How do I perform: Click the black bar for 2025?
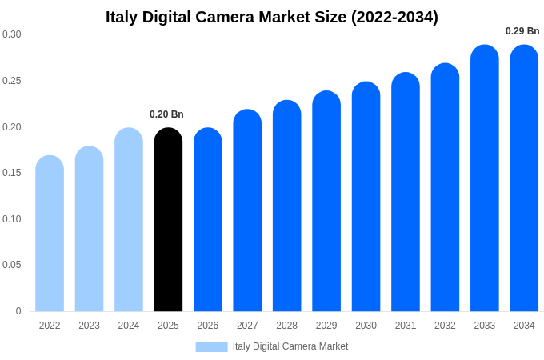(168, 220)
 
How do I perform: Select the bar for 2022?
(50, 234)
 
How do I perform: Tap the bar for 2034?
(524, 178)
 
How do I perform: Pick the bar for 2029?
(326, 202)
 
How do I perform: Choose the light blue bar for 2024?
(129, 220)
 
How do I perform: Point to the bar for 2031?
(406, 192)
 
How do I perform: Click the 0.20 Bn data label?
(166, 114)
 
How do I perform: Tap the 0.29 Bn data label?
(522, 31)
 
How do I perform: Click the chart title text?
(272, 17)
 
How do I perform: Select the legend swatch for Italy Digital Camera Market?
(211, 347)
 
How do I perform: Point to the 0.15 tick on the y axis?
(11, 173)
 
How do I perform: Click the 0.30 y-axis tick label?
(11, 34)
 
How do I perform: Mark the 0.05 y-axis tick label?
(11, 265)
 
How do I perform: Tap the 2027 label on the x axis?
(247, 326)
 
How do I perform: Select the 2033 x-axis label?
(485, 326)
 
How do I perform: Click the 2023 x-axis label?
(89, 326)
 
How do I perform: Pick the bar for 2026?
(208, 220)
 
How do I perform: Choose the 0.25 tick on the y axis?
(11, 81)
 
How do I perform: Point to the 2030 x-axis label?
(366, 326)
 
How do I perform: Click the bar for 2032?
(445, 188)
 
